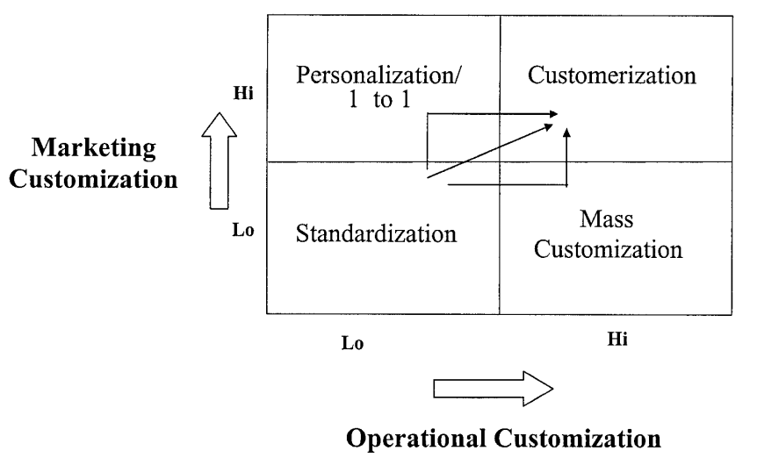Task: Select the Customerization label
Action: point(613,74)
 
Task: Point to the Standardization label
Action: point(377,234)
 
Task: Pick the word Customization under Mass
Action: point(609,249)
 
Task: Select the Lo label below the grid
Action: point(352,342)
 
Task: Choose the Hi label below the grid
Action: point(617,340)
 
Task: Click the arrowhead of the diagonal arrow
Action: point(552,126)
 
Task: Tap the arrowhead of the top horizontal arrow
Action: point(554,113)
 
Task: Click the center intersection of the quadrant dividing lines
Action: point(500,161)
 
